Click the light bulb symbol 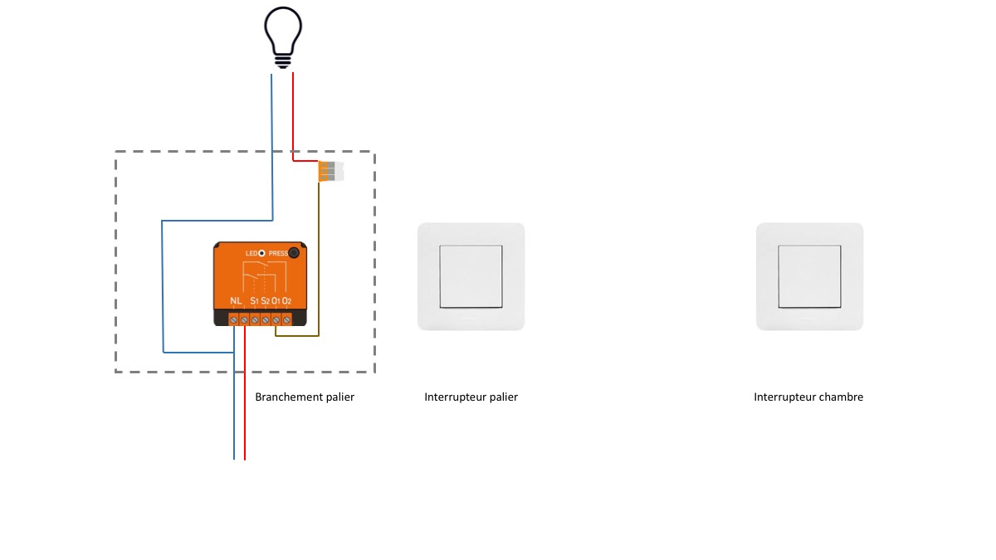282,37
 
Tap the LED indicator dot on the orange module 261,253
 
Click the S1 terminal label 254,300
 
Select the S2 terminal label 265,300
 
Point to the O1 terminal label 276,300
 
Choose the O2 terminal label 286,300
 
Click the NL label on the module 237,300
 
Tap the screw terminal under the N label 234,319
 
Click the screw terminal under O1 276,319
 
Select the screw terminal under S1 255,319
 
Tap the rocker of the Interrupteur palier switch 471,276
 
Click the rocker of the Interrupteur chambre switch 809,276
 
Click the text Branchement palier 305,397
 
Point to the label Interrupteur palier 471,397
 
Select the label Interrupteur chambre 808,397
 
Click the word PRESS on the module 277,253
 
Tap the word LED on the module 251,253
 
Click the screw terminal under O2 286,319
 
